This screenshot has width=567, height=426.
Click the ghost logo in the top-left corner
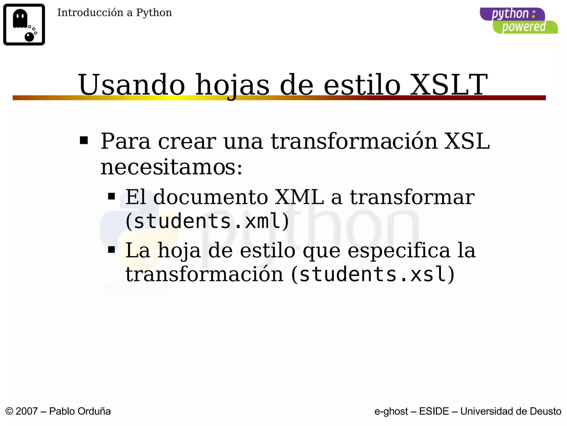tap(24, 24)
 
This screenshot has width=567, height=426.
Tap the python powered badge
tap(519, 21)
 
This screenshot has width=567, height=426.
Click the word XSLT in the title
tap(449, 85)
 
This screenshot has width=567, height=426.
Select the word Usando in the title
tap(132, 85)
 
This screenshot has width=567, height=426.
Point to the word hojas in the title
tap(232, 85)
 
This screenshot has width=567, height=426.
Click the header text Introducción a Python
tap(114, 13)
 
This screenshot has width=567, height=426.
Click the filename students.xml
tap(207, 221)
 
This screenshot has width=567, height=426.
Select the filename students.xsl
tap(373, 274)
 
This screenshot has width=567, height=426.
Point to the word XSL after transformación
tap(467, 141)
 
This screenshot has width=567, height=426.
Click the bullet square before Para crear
tap(84, 140)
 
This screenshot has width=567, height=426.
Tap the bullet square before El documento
tap(111, 197)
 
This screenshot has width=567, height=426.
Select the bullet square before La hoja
tap(111, 250)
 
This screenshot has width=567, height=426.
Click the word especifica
tap(399, 250)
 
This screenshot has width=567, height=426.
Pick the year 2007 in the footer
tap(27, 411)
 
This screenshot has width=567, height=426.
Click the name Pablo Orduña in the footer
tap(80, 411)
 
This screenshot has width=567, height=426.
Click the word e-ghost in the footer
tap(391, 411)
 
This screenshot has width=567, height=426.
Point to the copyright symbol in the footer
tap(9, 411)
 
